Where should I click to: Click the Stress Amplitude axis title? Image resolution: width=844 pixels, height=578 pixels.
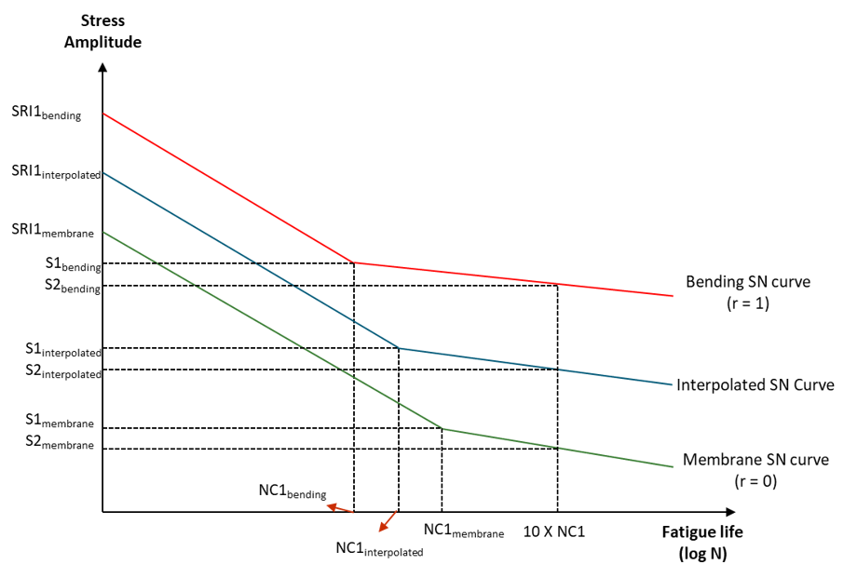coord(102,31)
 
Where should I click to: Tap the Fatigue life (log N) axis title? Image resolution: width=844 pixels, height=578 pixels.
coord(703,542)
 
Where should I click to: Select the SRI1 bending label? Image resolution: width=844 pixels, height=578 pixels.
coord(47,114)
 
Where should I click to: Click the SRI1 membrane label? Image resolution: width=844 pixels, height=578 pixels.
coord(52,230)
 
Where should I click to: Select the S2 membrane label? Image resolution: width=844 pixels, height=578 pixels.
coord(60,444)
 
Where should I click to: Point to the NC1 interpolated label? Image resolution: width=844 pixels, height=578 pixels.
coord(379,548)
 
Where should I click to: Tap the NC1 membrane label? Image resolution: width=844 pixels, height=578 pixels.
coord(463,531)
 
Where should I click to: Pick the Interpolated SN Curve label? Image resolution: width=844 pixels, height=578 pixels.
coord(755,384)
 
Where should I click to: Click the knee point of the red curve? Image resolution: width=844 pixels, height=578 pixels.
coord(354,262)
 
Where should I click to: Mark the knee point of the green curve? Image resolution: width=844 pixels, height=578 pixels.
coord(442,429)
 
